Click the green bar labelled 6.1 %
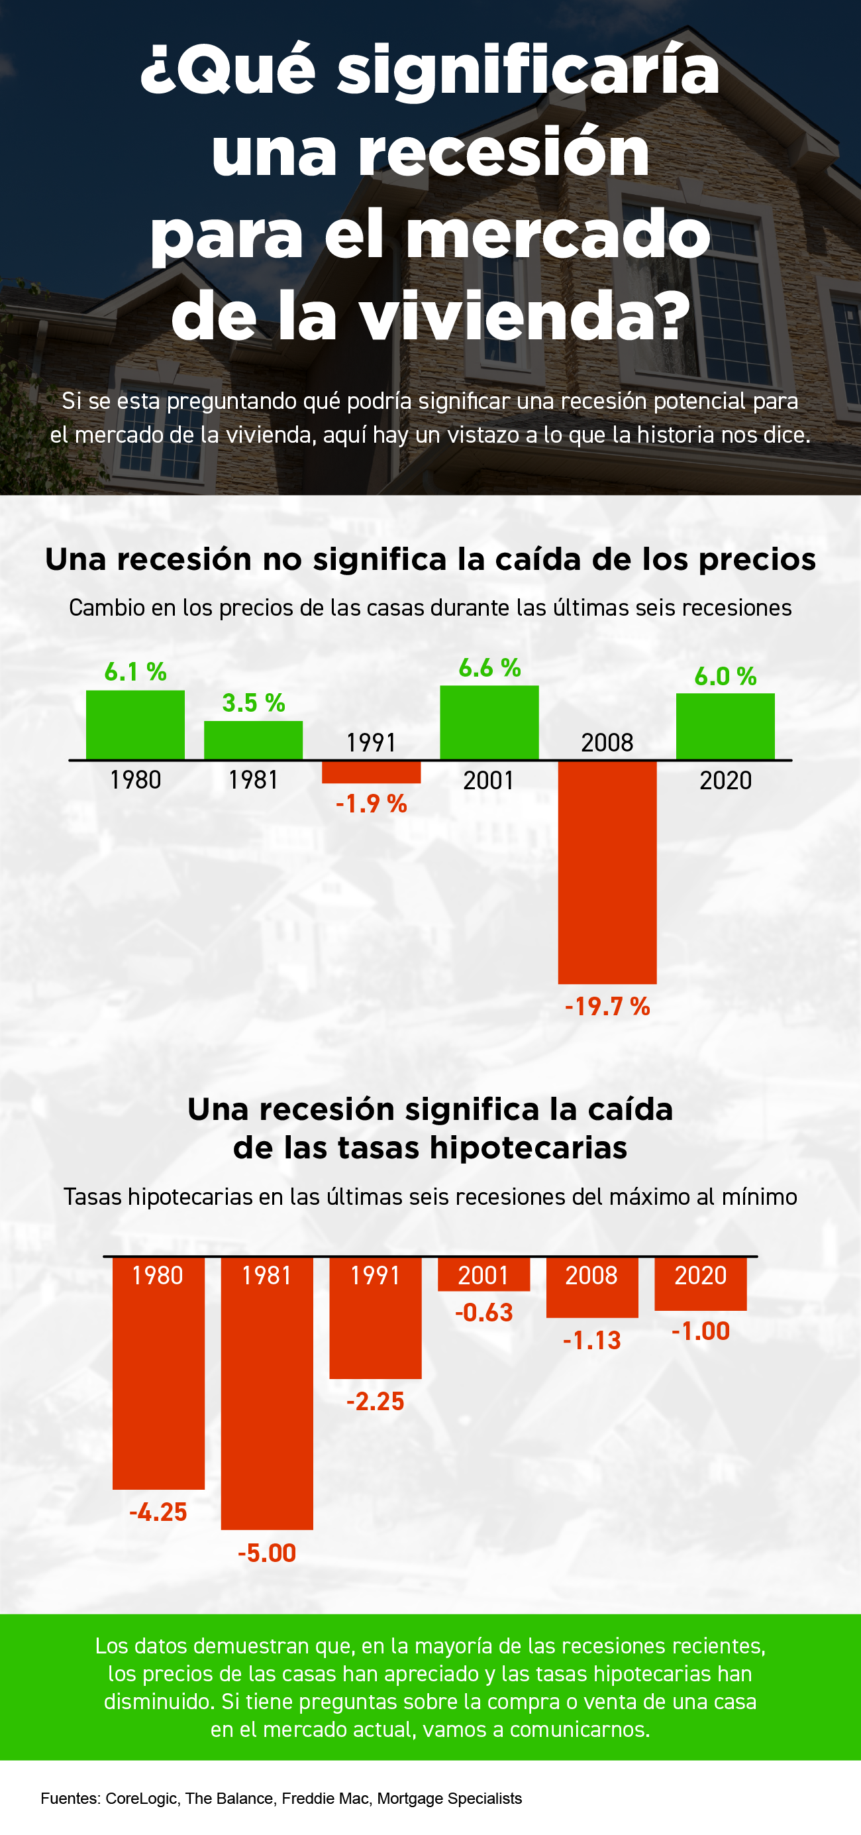135,724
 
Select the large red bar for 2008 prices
607,872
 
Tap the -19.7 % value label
607,1007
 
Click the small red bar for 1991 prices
371,772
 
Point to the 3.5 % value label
254,703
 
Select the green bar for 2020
725,726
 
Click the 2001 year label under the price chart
489,781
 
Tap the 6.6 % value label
489,668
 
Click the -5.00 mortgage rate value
266,1553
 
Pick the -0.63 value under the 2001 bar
483,1312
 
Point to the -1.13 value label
592,1341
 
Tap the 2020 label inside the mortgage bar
700,1275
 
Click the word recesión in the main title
503,152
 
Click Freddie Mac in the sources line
325,1799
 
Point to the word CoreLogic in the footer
141,1799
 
